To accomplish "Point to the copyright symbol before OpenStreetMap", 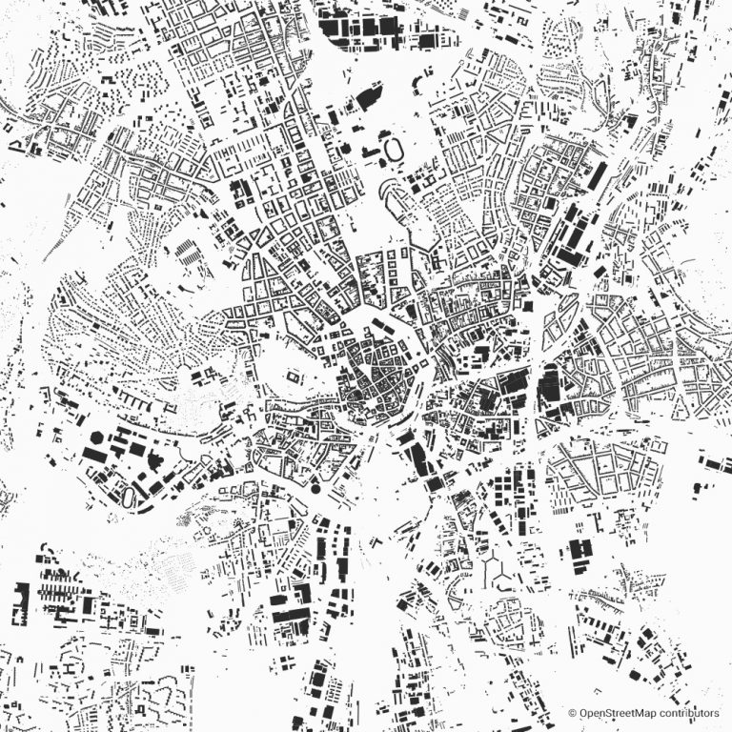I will click(x=573, y=712).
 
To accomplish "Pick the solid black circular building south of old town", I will click(x=315, y=489).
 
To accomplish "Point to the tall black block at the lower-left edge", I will click(x=19, y=602).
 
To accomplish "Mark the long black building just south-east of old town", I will click(x=417, y=456).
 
